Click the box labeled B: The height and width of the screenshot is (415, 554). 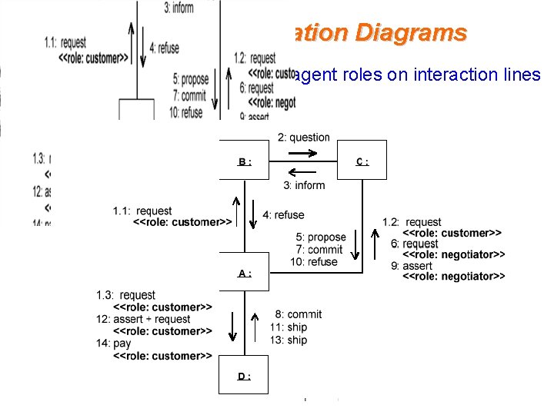(x=244, y=161)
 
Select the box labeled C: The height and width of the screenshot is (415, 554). (x=362, y=160)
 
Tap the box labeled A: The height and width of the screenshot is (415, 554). (x=244, y=271)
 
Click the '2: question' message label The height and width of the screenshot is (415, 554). (x=303, y=138)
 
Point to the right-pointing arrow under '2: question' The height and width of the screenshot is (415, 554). (x=303, y=153)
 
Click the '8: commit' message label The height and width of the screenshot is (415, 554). (x=299, y=314)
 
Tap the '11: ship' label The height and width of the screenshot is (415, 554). (x=289, y=327)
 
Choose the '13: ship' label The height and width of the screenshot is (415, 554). (x=289, y=340)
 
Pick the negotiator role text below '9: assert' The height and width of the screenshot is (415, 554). (x=453, y=277)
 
